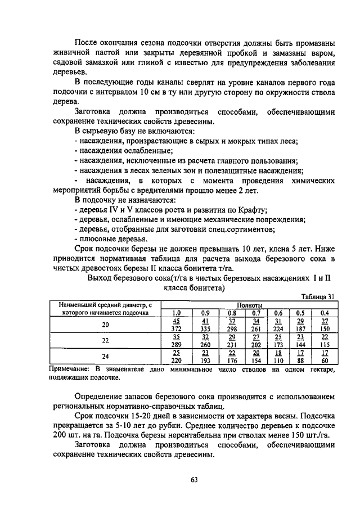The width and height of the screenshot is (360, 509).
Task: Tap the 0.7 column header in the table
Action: click(x=256, y=312)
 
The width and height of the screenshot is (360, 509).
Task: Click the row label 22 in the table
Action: click(x=105, y=341)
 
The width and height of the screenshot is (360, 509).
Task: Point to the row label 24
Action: click(x=105, y=357)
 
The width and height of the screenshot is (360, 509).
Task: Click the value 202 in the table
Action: click(x=256, y=344)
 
